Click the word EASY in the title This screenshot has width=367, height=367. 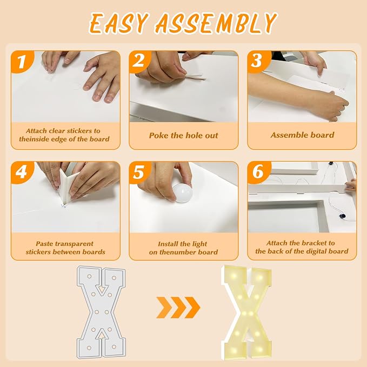click(x=119, y=23)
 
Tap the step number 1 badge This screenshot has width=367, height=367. click(x=22, y=62)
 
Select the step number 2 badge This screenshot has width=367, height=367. click(x=139, y=61)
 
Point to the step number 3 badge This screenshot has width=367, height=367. click(x=258, y=61)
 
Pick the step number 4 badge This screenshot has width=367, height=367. click(x=22, y=172)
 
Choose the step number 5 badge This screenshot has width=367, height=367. click(x=139, y=172)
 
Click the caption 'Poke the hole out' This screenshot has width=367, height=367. click(x=184, y=135)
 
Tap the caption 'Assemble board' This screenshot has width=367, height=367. click(x=302, y=135)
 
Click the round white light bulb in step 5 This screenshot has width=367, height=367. click(x=182, y=193)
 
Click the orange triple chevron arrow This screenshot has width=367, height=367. click(x=178, y=308)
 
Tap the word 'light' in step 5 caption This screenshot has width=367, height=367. click(x=199, y=244)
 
